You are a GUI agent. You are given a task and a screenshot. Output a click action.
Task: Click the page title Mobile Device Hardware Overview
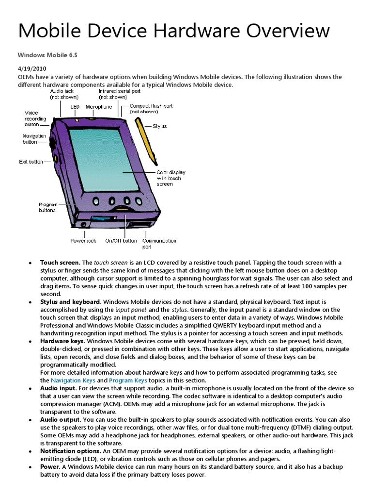[x=174, y=31]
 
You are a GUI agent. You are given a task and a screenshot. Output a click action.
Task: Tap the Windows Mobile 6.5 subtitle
[x=47, y=55]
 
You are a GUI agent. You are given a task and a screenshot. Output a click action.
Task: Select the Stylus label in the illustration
[x=159, y=126]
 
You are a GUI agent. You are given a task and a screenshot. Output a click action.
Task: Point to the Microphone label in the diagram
[x=99, y=107]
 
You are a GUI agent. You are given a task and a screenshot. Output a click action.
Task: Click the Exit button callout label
[x=31, y=162]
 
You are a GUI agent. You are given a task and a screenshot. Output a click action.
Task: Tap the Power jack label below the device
[x=83, y=241]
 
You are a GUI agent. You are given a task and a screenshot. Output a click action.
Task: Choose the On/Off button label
[x=121, y=241]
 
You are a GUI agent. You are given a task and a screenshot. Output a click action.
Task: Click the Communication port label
[x=159, y=243]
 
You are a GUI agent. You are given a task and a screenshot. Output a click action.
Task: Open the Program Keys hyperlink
[x=128, y=380]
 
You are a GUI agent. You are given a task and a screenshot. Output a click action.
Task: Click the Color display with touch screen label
[x=170, y=178]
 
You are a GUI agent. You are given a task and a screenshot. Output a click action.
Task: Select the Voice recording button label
[x=35, y=119]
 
